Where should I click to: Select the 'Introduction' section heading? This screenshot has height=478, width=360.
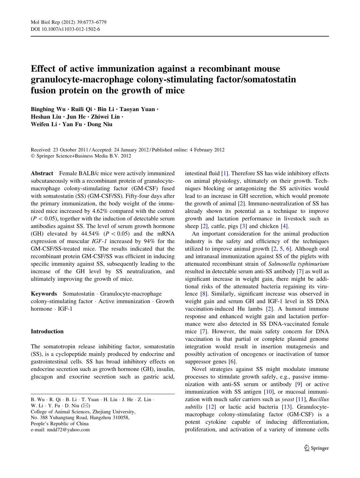pyautogui.click(x=47, y=331)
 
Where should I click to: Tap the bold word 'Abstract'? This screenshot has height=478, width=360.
pyautogui.click(x=42, y=173)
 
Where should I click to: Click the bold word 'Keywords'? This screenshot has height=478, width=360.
pyautogui.click(x=44, y=294)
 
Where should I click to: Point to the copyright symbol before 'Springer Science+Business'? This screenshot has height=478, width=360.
pyautogui.click(x=33, y=156)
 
